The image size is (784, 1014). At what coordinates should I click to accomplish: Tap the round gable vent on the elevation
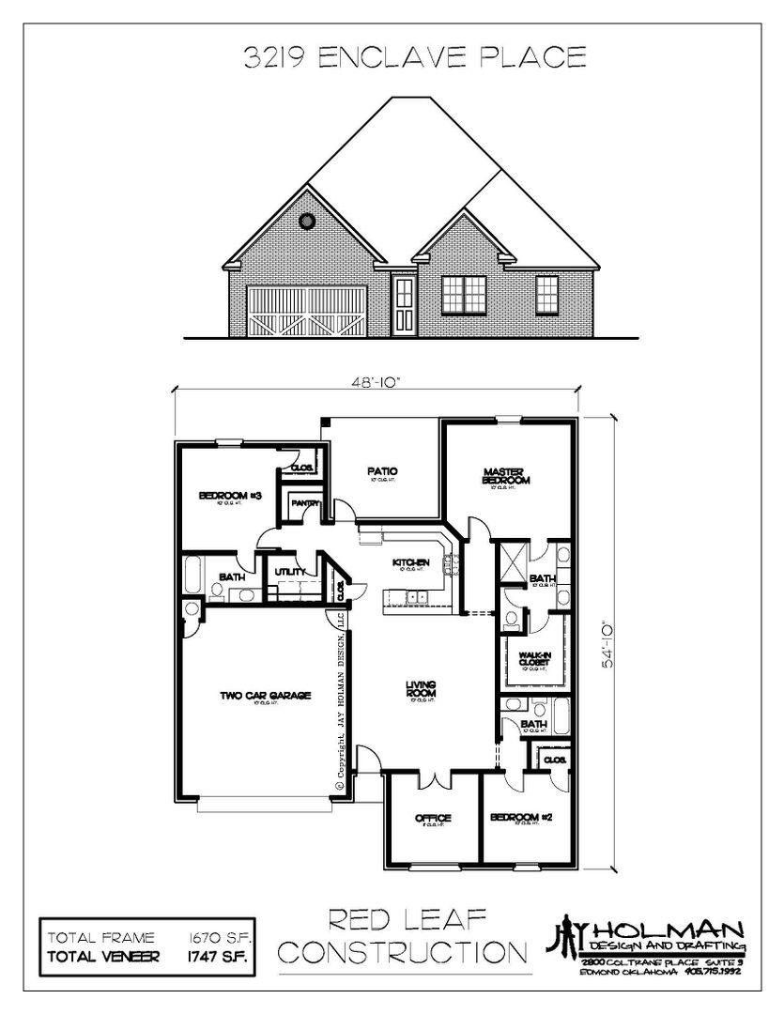(305, 222)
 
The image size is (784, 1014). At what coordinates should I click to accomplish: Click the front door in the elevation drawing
(405, 306)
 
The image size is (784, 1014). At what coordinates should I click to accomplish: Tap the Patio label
(383, 472)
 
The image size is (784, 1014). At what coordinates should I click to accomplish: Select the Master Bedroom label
(507, 477)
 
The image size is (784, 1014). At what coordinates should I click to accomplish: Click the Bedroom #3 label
(223, 496)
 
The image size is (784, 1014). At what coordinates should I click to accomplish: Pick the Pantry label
(304, 504)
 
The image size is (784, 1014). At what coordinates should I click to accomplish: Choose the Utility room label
(285, 572)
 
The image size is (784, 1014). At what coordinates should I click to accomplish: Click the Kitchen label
(411, 561)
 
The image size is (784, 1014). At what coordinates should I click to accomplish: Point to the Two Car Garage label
(253, 696)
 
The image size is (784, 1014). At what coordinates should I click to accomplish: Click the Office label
(434, 818)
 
